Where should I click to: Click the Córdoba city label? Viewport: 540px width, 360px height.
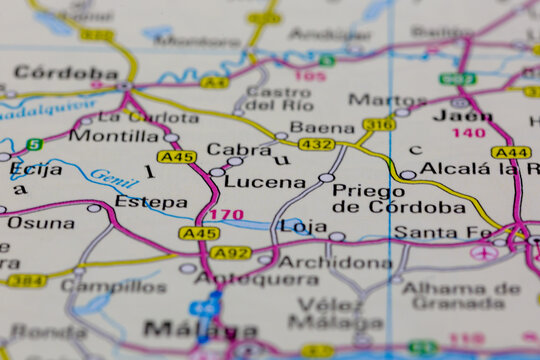[x=66, y=73]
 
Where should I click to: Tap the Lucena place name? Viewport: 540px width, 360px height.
[x=264, y=182]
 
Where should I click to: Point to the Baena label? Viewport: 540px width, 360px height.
[x=322, y=128]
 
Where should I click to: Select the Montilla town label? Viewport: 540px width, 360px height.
[x=114, y=135]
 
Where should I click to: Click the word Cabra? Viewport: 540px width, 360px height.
[x=238, y=149]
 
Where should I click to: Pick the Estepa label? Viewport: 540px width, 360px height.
[x=150, y=200]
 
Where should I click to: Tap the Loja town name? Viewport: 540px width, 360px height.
[x=303, y=226]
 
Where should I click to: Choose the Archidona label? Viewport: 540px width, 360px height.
[x=335, y=262]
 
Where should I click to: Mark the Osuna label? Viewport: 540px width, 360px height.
[x=40, y=222]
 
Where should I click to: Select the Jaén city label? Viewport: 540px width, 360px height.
[x=464, y=113]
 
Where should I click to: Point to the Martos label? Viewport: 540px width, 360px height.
[x=386, y=100]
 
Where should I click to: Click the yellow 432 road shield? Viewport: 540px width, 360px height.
[x=316, y=145]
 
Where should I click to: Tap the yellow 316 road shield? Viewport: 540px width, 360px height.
[x=379, y=124]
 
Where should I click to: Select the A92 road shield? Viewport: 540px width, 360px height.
[x=231, y=253]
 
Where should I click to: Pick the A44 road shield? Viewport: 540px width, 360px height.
[x=510, y=152]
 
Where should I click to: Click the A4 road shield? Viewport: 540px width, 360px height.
[x=214, y=82]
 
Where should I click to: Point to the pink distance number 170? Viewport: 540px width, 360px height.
[x=226, y=214]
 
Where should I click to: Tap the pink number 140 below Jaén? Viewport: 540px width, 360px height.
[x=468, y=133]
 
